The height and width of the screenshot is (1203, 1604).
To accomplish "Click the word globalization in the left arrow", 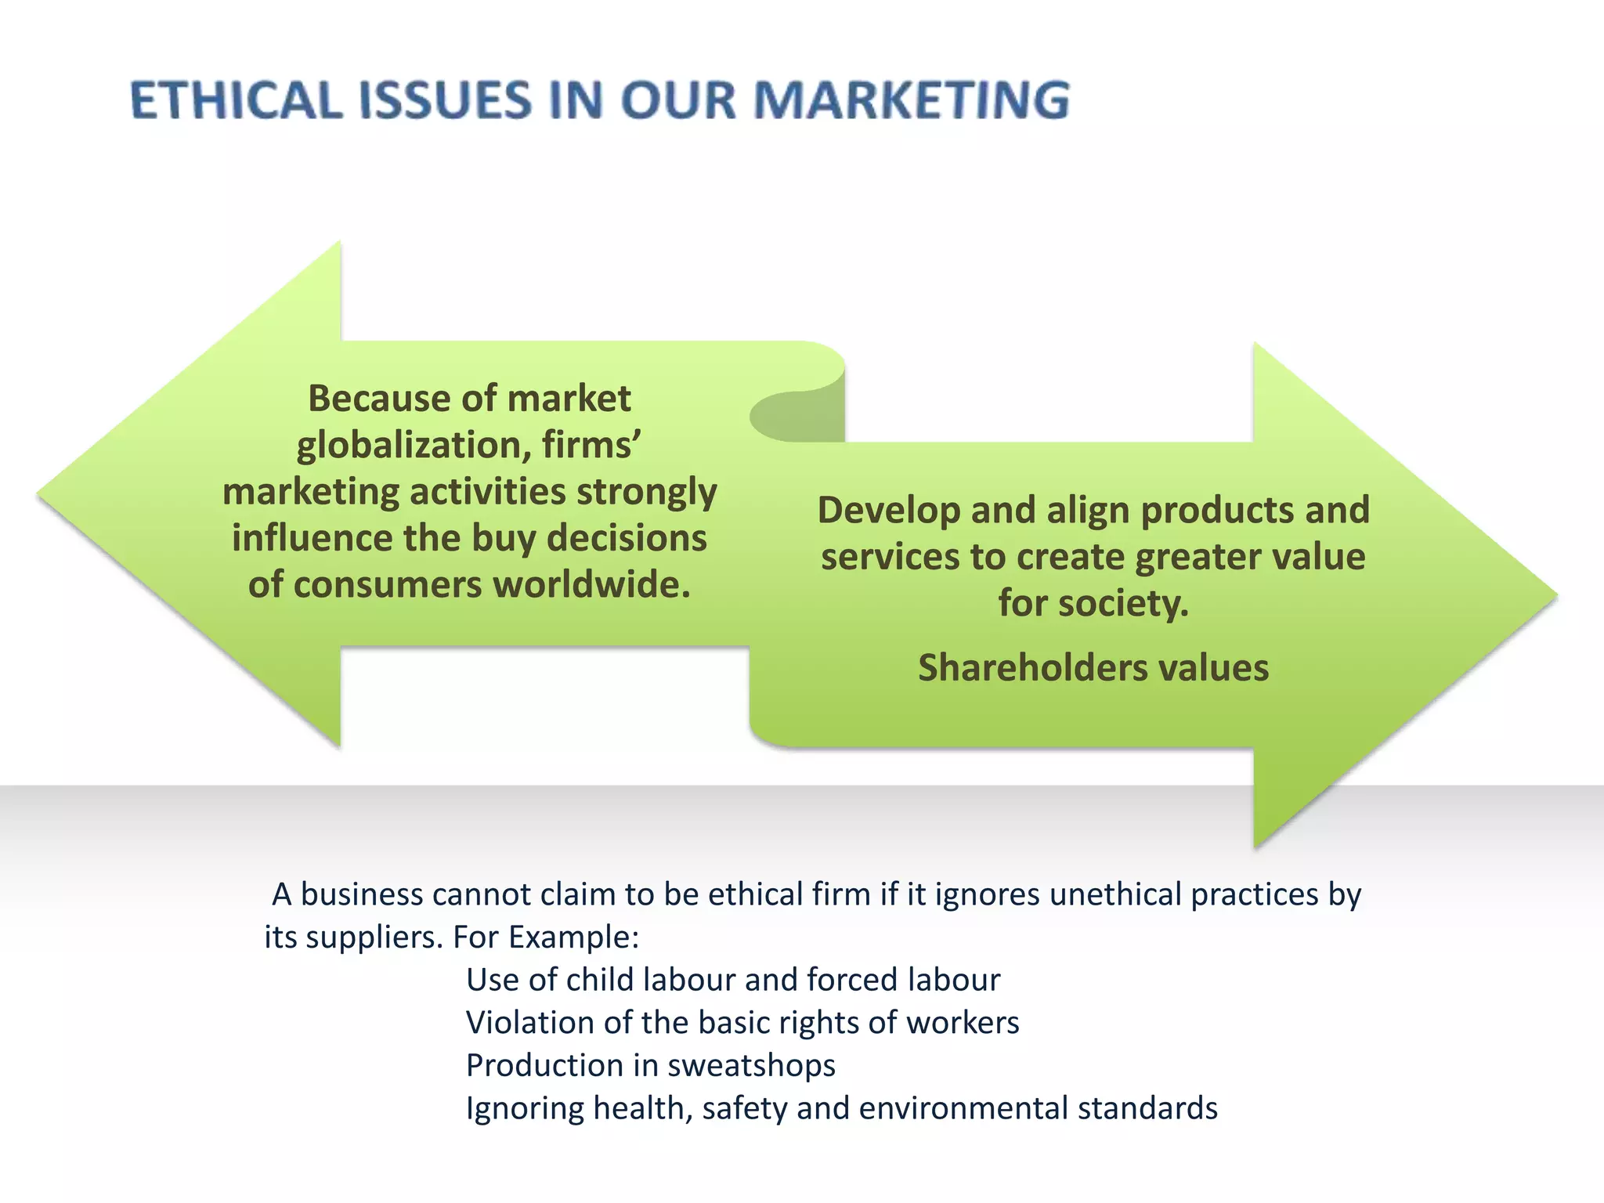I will coord(407,446).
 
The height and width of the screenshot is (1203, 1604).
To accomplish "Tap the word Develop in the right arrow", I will coord(888,511).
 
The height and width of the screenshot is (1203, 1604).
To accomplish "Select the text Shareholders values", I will coord(1093,668).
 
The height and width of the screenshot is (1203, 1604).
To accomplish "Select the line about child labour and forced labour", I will coord(733,980).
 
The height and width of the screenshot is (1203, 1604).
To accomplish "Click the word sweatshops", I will coord(751,1066).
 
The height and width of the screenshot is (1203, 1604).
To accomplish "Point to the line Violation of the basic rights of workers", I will coord(742,1023).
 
